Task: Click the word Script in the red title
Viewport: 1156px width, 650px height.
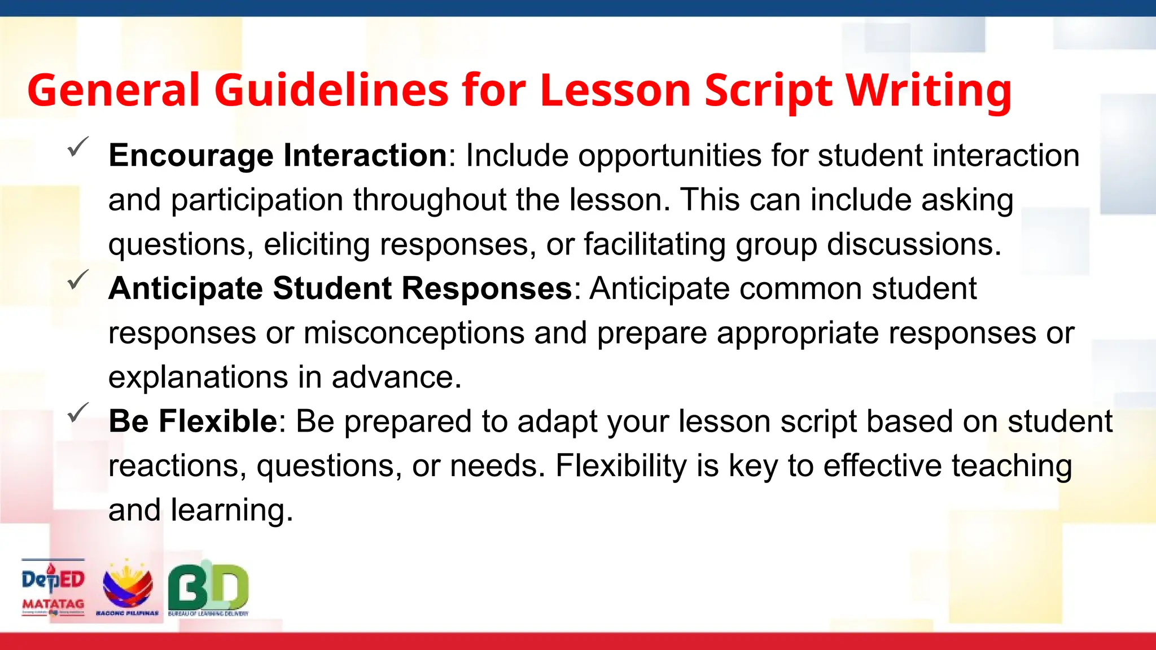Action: click(x=768, y=91)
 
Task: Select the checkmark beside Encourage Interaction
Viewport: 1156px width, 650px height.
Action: click(x=77, y=147)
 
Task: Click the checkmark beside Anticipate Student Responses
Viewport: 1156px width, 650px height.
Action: click(x=77, y=280)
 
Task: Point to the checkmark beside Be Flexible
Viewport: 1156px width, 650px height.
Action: click(x=77, y=412)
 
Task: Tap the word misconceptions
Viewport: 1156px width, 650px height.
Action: click(x=414, y=333)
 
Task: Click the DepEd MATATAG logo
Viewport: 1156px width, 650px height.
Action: click(x=53, y=588)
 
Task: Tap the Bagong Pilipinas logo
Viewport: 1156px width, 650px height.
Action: click(x=128, y=588)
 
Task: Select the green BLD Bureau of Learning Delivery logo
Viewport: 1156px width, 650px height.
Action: click(x=208, y=588)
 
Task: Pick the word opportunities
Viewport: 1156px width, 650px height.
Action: click(x=669, y=156)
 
